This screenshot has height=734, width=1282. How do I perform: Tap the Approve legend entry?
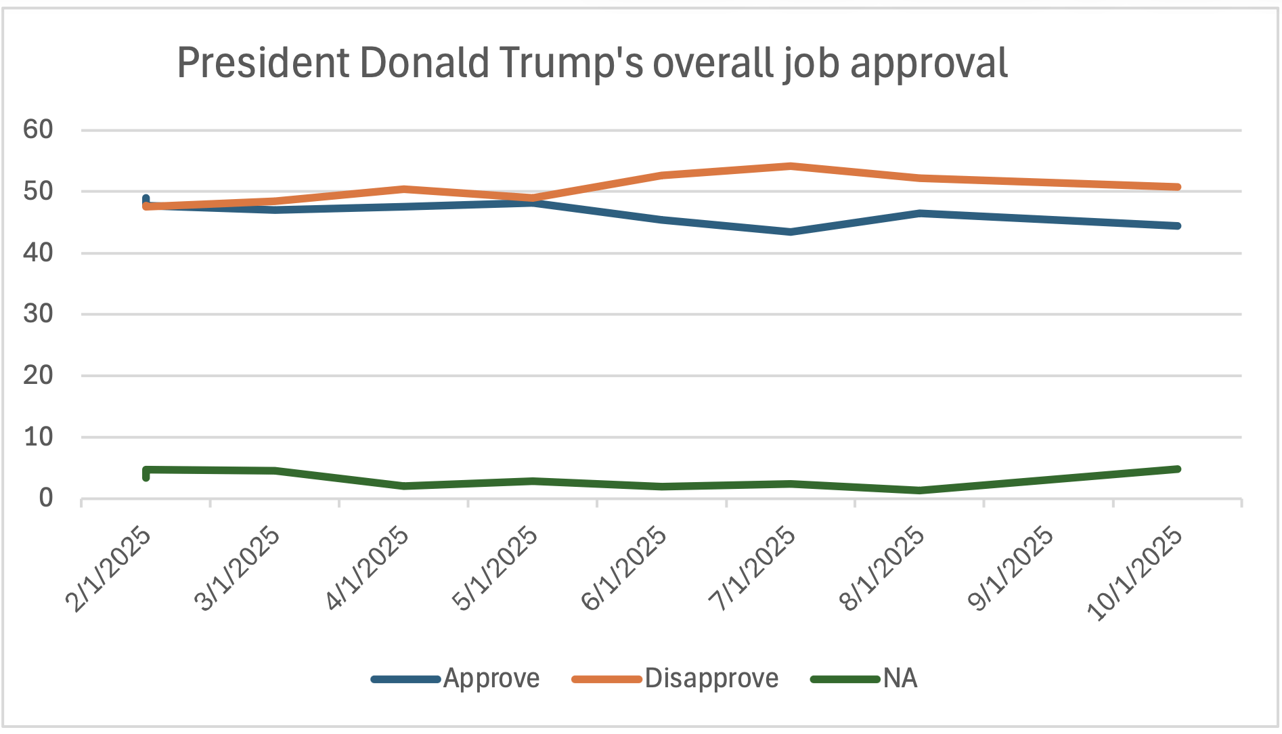pyautogui.click(x=491, y=678)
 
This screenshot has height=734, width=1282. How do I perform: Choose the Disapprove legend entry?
pyautogui.click(x=711, y=678)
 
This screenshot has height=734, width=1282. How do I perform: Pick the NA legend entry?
pyautogui.click(x=900, y=678)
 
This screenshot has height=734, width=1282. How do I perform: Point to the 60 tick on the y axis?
pyautogui.click(x=38, y=129)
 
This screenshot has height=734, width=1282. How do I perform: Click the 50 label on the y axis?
pyautogui.click(x=38, y=191)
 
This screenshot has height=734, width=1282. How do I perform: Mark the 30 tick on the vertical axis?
pyautogui.click(x=38, y=314)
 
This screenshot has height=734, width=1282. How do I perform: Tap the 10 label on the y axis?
pyautogui.click(x=38, y=437)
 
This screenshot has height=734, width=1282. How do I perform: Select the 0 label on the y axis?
pyautogui.click(x=45, y=499)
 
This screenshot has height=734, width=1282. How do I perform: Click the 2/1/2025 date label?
pyautogui.click(x=108, y=569)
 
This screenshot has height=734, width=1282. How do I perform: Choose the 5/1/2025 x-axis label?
pyautogui.click(x=495, y=569)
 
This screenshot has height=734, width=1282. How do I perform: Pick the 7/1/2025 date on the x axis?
pyautogui.click(x=753, y=569)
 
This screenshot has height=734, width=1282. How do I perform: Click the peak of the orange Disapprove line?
pyautogui.click(x=791, y=166)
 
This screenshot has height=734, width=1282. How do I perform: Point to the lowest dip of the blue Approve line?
pyautogui.click(x=791, y=232)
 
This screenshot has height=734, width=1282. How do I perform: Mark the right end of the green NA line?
pyautogui.click(x=1178, y=469)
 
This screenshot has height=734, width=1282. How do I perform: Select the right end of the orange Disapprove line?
pyautogui.click(x=1178, y=187)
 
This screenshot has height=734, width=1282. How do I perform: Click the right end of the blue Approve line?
pyautogui.click(x=1178, y=225)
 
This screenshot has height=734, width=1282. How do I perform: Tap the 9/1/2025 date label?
pyautogui.click(x=1011, y=569)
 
